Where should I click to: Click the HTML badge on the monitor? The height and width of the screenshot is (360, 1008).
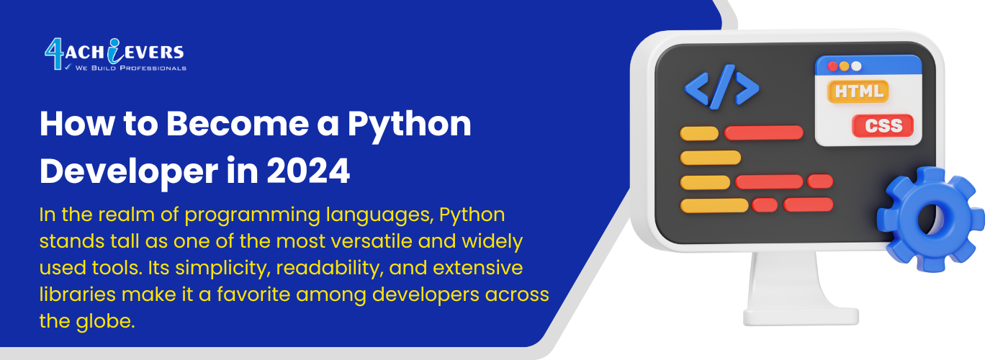click(x=858, y=91)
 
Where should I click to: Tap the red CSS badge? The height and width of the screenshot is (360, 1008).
click(x=883, y=125)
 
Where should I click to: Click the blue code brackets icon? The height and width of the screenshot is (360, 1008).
click(x=721, y=87)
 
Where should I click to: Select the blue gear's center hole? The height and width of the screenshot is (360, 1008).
click(x=930, y=219)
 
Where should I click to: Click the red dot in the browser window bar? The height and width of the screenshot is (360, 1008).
click(x=832, y=66)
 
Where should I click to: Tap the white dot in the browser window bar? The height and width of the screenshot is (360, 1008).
click(x=856, y=66)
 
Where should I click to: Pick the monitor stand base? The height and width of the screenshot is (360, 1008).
click(x=801, y=317)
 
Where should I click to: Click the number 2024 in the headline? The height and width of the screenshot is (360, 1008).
click(x=308, y=171)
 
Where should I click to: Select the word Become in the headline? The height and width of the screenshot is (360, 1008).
click(x=238, y=124)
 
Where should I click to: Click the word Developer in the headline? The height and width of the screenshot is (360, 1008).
click(x=129, y=173)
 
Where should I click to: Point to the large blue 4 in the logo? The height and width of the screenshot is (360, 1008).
click(x=55, y=55)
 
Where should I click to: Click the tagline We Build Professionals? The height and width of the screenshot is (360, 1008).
click(x=130, y=68)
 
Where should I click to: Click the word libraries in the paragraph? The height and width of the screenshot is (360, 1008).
click(x=78, y=294)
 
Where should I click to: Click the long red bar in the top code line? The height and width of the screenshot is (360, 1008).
click(x=764, y=133)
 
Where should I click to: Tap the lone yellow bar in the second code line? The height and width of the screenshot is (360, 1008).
click(x=711, y=158)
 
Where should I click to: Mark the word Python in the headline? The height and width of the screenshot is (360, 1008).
click(x=409, y=125)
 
